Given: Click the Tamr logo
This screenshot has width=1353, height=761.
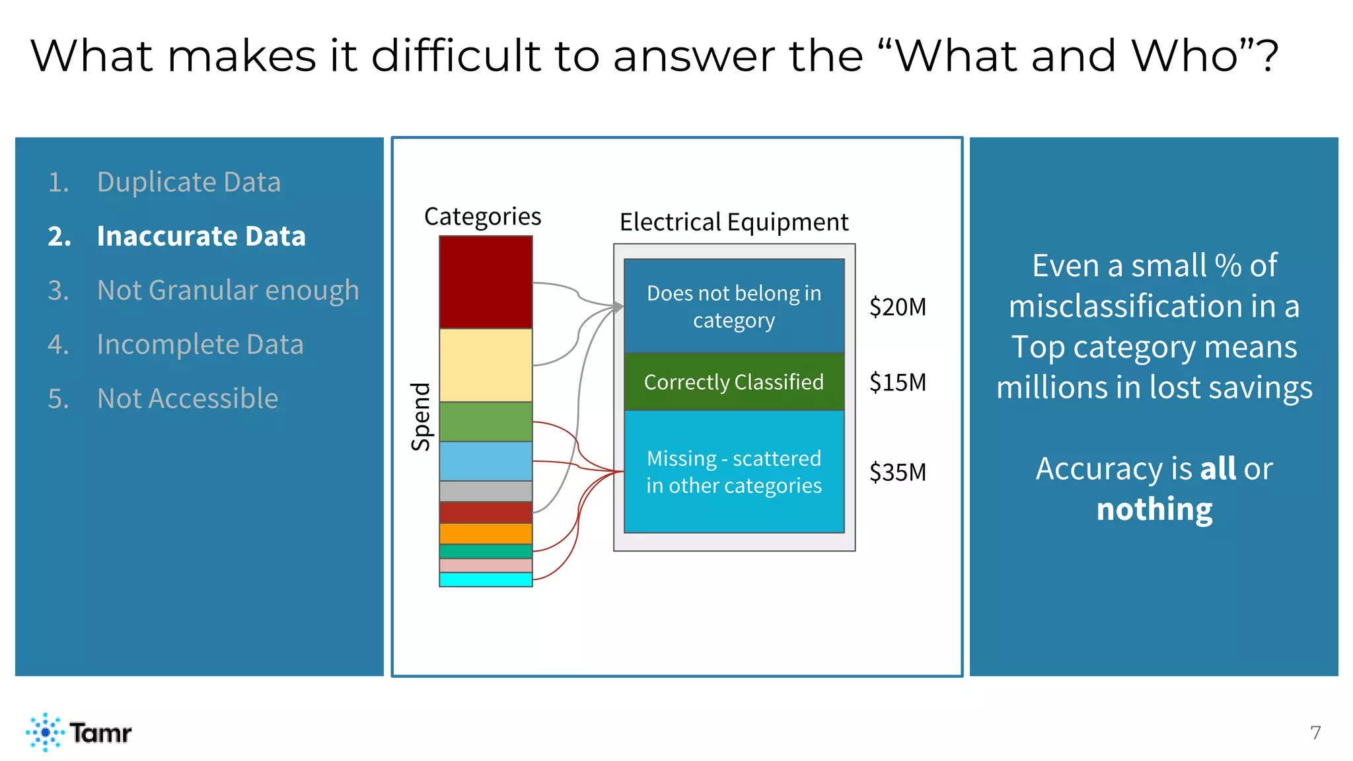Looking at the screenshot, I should [79, 732].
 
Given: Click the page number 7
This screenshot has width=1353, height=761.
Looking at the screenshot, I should [1315, 733].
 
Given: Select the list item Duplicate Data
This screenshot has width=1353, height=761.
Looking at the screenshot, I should [188, 182].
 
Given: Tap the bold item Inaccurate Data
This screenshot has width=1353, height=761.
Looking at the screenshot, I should [201, 236].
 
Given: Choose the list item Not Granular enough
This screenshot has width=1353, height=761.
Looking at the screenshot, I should [227, 290].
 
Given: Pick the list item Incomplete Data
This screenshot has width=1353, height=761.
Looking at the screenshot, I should [200, 344].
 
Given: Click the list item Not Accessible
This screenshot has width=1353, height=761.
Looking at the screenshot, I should [187, 398].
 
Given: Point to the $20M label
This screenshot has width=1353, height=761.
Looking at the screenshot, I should [897, 307].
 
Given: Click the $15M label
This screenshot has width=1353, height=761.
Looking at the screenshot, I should [897, 382].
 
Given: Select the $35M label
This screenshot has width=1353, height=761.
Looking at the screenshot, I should [897, 472].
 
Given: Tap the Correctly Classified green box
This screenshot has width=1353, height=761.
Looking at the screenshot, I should [734, 382].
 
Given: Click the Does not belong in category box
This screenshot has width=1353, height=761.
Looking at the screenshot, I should [734, 306].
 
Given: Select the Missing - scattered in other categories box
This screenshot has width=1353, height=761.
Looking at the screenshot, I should [734, 472].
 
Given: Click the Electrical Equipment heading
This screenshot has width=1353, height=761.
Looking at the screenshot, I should [733, 222].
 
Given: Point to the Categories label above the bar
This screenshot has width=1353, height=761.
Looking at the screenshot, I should [482, 217].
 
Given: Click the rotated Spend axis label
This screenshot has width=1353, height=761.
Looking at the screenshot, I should [421, 417].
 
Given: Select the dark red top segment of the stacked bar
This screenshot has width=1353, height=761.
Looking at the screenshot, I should [486, 282].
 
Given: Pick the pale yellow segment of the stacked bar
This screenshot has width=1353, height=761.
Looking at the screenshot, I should [486, 365].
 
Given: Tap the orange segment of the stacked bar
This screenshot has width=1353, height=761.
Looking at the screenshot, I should [486, 533].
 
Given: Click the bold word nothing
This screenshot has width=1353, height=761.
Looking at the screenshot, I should [1154, 509].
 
